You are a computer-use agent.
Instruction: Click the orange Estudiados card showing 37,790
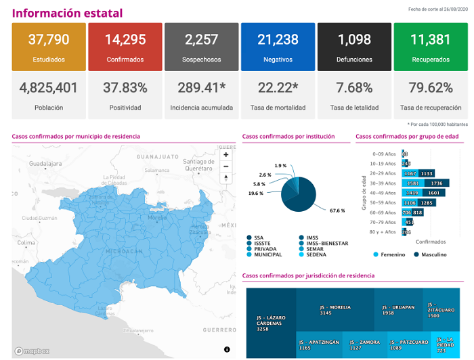click(x=49, y=47)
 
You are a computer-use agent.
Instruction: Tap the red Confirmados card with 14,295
click(x=125, y=47)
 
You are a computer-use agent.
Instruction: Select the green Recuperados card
click(x=431, y=47)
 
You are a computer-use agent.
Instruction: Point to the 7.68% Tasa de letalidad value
click(x=355, y=88)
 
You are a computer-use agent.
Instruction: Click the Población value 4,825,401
click(x=49, y=88)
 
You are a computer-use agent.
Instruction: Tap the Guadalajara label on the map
click(x=46, y=164)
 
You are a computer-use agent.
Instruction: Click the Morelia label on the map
click(x=157, y=218)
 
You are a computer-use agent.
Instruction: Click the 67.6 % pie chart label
click(x=337, y=210)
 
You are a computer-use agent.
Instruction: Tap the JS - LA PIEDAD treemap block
click(x=445, y=345)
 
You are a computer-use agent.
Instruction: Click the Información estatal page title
click(x=68, y=14)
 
